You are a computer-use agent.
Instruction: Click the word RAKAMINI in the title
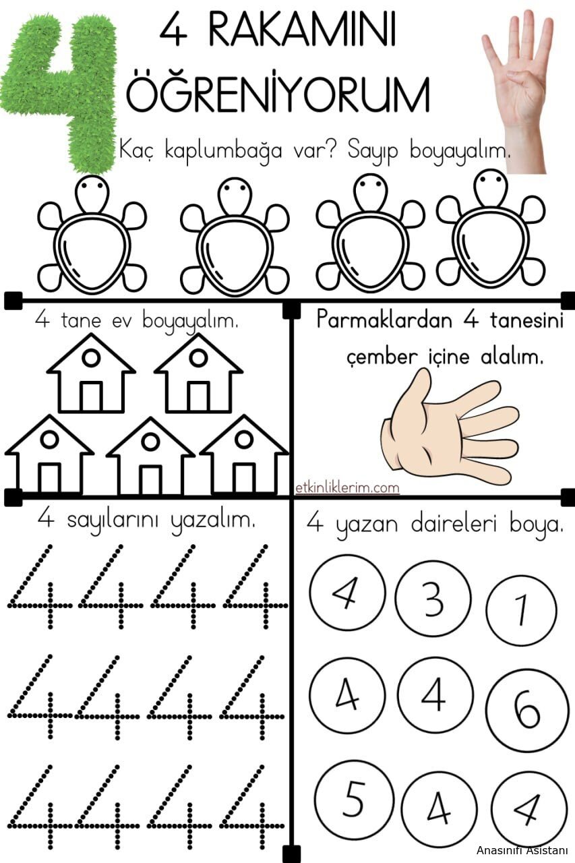coord(302,31)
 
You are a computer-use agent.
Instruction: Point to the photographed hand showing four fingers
coord(518,88)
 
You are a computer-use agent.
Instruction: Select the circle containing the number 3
coord(433,599)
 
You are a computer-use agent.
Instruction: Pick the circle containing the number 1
coord(522,610)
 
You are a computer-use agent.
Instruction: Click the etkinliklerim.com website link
coord(347,488)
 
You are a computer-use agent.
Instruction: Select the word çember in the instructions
coord(382,359)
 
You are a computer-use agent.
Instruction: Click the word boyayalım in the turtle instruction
coord(460,152)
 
